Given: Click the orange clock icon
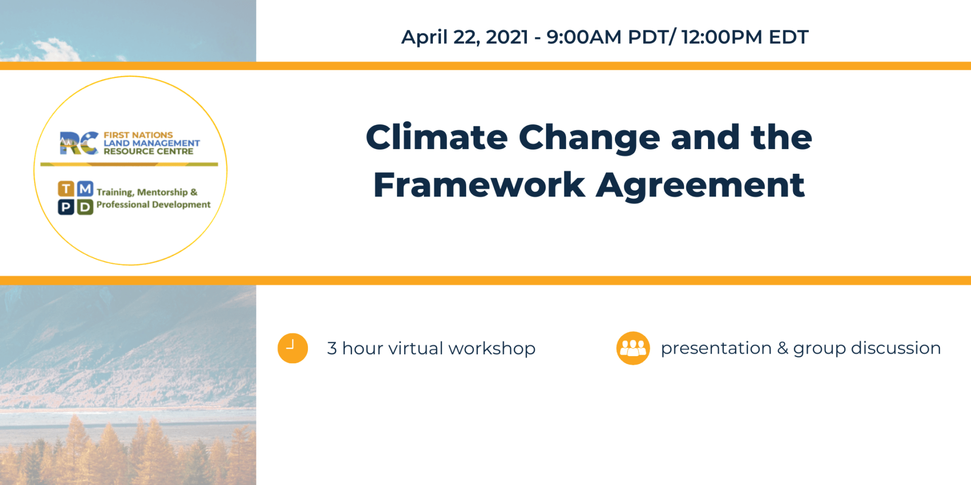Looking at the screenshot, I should coord(293,348).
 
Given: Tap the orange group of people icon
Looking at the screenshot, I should coord(633,348).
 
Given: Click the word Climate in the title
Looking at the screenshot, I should coord(436,137).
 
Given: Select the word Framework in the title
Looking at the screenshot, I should coord(478,185).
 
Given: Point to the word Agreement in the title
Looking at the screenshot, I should coord(700,186).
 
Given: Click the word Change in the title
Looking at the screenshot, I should coord(589,138).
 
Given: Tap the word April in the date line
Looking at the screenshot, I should coord(424,37).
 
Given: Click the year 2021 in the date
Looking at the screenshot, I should coord(507,37).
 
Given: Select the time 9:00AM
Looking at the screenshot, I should coord(584,37).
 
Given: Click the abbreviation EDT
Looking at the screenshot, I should coord(788,37).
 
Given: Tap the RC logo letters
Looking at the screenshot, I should coord(78,143).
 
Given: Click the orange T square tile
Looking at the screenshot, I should coord(66,189).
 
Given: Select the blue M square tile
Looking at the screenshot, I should coord(85,189).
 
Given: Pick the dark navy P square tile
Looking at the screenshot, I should coord(66,207).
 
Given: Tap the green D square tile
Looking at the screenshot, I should coord(85,207).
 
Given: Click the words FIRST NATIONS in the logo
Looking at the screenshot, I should coord(138,135).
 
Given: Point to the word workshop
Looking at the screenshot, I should coord(492,349).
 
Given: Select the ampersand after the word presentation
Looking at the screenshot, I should coord(782,348).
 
